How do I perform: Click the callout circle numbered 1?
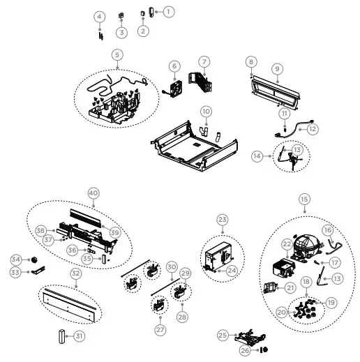168,11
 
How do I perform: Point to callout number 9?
277,68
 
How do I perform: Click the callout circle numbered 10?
206,111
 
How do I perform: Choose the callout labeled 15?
303,199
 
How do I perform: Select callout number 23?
223,219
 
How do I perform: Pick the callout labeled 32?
75,273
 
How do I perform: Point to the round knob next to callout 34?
33,259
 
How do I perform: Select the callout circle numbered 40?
93,193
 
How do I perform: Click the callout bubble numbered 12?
313,128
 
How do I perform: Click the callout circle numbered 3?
122,32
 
